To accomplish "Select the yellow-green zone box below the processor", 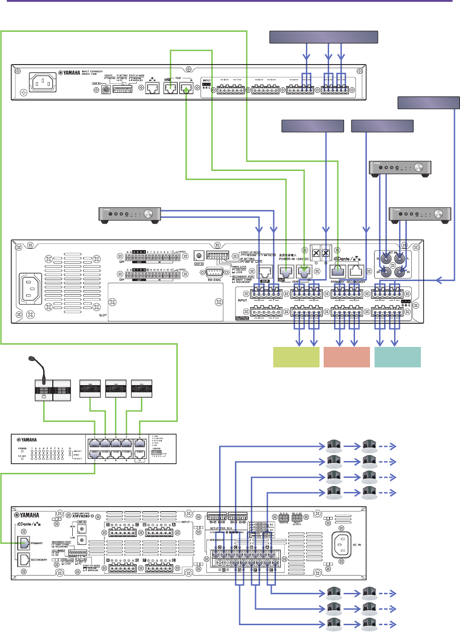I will pyautogui.click(x=296, y=357).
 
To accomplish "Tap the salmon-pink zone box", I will pyautogui.click(x=346, y=357).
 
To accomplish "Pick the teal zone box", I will pyautogui.click(x=397, y=357).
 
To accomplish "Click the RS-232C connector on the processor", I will pyautogui.click(x=214, y=273).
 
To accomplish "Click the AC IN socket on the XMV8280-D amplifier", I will pyautogui.click(x=341, y=545).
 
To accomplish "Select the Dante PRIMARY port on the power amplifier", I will pyautogui.click(x=24, y=543).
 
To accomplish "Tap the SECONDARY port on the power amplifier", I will pyautogui.click(x=24, y=560).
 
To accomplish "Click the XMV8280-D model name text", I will pyautogui.click(x=83, y=516).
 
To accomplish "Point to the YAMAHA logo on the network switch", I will pyautogui.click(x=27, y=440).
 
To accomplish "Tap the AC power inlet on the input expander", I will pyautogui.click(x=43, y=83).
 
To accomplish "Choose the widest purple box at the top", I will pyautogui.click(x=324, y=37).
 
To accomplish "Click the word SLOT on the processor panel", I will pyautogui.click(x=103, y=315).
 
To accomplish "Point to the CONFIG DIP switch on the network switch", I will pyautogui.click(x=156, y=453).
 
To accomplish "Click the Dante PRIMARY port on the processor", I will pyautogui.click(x=337, y=272).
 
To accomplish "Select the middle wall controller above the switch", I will pyautogui.click(x=116, y=389).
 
